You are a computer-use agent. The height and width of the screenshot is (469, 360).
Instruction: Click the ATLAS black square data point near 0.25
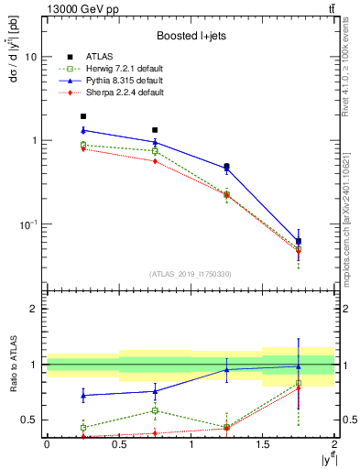pos(82,116)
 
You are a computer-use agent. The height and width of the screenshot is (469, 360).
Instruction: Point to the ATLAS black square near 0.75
pos(155,130)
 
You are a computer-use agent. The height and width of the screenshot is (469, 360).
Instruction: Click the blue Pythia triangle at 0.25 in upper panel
pos(82,130)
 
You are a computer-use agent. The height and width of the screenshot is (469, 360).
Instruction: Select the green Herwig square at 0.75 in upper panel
pos(155,150)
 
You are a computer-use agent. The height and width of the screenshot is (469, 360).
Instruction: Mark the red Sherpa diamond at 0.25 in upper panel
pos(82,148)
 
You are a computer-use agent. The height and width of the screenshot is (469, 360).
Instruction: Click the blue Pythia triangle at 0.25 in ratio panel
pos(82,396)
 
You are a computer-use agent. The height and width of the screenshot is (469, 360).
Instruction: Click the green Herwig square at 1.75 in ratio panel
pos(299,383)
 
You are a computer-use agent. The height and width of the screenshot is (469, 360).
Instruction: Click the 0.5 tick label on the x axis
pos(119,443)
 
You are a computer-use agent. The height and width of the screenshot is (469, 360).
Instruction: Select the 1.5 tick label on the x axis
pos(263,443)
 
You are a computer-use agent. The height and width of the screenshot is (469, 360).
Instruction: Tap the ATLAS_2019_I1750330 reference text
pos(191,273)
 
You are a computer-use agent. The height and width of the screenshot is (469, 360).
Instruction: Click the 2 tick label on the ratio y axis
pos(35,309)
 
